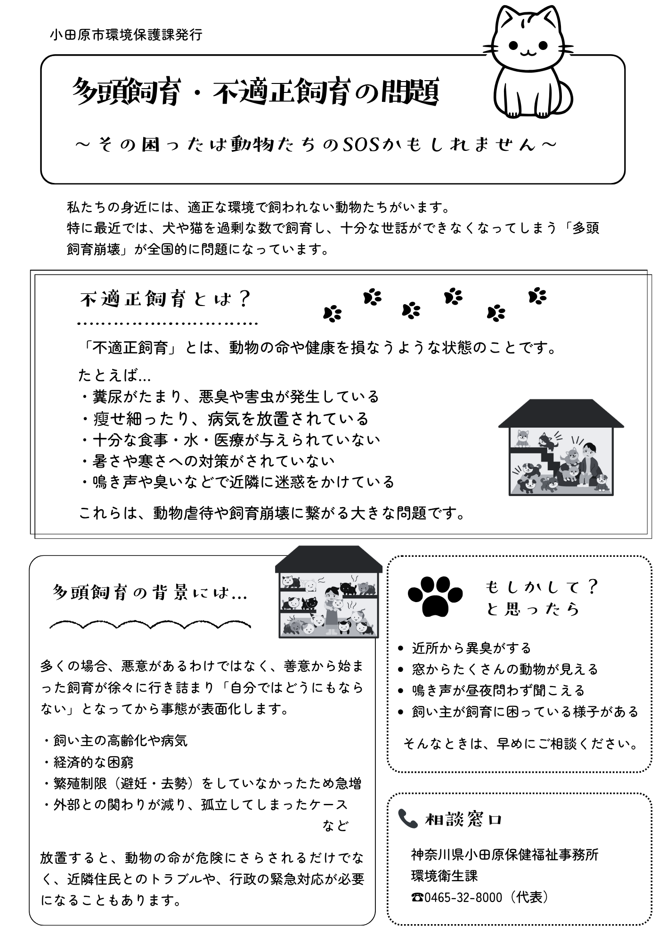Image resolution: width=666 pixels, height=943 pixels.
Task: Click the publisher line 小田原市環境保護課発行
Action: [126, 35]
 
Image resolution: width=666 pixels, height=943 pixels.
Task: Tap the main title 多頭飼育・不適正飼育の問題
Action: [256, 92]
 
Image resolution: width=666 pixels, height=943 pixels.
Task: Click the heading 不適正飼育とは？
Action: [165, 299]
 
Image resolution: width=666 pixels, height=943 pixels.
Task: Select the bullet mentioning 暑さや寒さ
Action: [208, 461]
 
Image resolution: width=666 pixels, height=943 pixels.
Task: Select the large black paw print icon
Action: [435, 595]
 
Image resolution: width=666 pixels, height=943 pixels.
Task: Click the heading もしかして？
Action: [542, 587]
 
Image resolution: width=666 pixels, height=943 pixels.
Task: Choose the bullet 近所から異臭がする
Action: [471, 648]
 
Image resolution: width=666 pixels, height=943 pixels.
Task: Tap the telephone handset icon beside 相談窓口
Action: [407, 819]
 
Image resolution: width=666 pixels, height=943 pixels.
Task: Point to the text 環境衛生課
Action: [444, 876]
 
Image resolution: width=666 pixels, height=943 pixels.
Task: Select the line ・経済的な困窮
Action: [89, 762]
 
